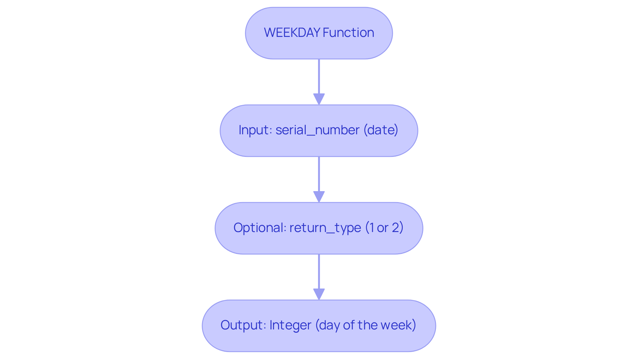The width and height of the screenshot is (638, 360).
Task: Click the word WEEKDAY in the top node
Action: coord(292,33)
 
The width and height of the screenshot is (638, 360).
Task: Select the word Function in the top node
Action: coord(348,33)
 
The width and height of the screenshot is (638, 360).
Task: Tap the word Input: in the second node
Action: coord(256,130)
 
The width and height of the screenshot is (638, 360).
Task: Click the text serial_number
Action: coord(317,130)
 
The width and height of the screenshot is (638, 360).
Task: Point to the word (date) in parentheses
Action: coord(381,130)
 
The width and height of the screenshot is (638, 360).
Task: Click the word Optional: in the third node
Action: coord(260,228)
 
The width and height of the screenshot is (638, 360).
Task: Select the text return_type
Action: coord(325,228)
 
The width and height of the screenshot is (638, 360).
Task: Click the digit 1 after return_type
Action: coord(371,228)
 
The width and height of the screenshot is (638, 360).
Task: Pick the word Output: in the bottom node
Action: coord(243,325)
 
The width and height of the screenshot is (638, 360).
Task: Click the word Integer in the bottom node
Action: coord(290,325)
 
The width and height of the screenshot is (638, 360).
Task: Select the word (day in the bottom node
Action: coord(328,325)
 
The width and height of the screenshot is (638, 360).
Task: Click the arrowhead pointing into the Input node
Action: coord(319,99)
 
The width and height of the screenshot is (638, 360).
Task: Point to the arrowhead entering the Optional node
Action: coord(319,196)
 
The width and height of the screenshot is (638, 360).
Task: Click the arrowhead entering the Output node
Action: coord(319,294)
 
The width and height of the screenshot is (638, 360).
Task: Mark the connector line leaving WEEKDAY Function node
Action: coord(319,76)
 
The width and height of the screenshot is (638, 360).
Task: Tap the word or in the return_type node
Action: coord(382,228)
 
